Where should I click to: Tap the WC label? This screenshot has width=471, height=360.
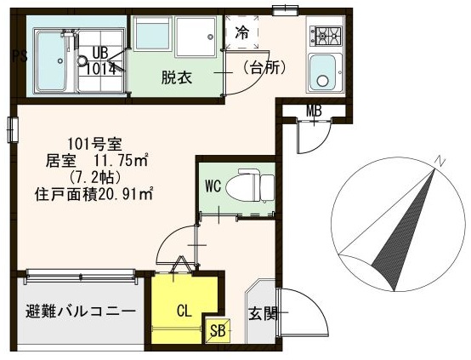click(213, 186)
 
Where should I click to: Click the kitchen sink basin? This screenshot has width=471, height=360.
click(324, 71)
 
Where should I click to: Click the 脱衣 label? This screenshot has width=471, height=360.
click(177, 77)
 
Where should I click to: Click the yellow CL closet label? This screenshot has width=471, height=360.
click(184, 311)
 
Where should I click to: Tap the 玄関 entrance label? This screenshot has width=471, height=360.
click(263, 313)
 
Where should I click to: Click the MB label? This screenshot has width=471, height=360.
click(313, 111)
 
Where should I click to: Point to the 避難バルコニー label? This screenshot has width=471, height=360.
click(75, 311)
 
